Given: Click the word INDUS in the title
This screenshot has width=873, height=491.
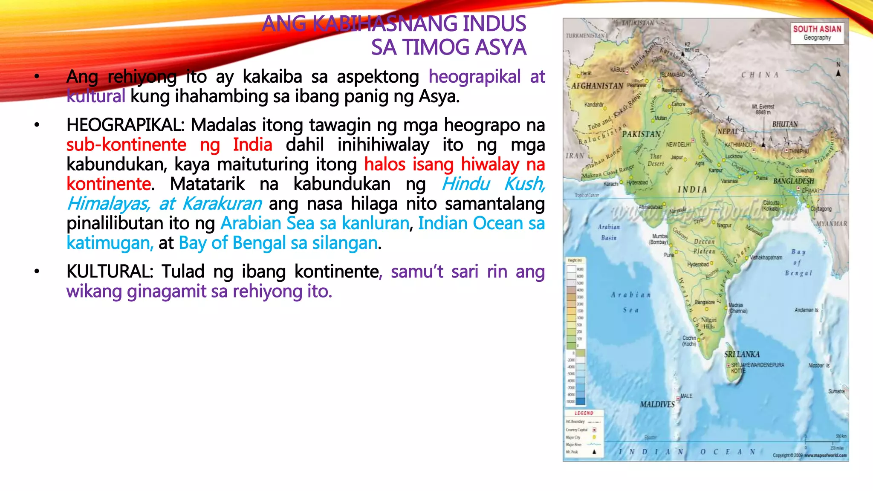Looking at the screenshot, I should click(494, 23).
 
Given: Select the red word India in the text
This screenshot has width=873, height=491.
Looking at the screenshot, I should click(252, 145).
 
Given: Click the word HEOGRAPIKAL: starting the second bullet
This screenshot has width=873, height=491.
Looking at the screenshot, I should click(126, 125).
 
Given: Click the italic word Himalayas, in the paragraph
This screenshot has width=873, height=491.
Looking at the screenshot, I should click(109, 204).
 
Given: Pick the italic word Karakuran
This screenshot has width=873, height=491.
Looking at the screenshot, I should click(222, 204).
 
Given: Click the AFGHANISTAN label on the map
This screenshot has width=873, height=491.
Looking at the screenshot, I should click(597, 86).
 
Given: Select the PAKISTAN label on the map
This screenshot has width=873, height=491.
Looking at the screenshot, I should click(641, 134).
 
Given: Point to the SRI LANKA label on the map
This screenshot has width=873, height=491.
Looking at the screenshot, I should click(742, 354).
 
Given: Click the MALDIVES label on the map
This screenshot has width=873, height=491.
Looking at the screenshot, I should click(657, 404).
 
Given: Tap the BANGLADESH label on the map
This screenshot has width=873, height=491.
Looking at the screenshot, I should click(793, 181).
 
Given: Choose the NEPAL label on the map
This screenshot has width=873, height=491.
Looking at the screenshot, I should click(728, 132).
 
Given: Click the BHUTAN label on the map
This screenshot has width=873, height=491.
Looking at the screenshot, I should click(785, 124).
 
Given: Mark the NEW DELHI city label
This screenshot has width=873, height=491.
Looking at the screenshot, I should click(678, 144).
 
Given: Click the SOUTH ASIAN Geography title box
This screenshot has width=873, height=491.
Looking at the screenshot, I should click(817, 33).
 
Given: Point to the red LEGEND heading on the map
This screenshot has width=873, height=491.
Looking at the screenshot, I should click(584, 413).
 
